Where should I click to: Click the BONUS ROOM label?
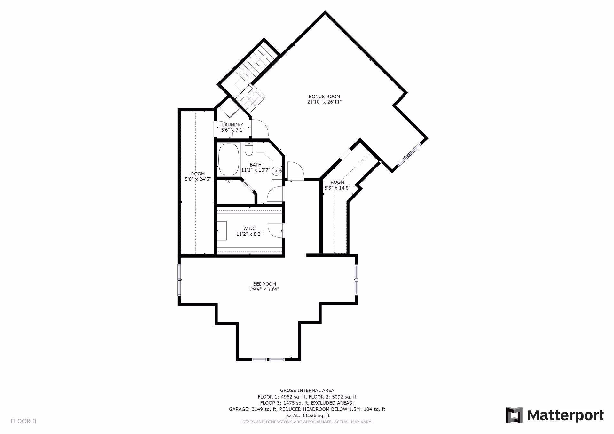324,97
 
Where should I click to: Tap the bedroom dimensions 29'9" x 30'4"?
264,290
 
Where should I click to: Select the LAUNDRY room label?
232,125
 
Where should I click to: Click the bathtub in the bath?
229,160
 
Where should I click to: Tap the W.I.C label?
249,229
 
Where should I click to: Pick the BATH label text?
256,165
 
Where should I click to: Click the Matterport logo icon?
514,415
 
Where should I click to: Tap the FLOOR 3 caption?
23,421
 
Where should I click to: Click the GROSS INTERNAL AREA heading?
307,390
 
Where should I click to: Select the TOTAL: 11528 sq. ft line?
307,415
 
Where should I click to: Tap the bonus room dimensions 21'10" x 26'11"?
324,102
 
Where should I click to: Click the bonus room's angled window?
408,155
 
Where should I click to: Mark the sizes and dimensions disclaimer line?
307,422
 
